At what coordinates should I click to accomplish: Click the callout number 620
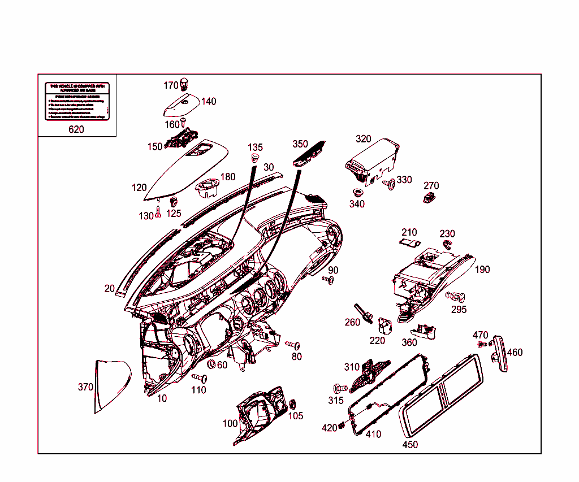pos(76,129)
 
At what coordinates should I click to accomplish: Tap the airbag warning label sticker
pos(76,101)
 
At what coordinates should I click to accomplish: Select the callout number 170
pos(171,85)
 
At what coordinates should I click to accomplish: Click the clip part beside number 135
pos(255,157)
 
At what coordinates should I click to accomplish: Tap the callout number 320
pos(364,139)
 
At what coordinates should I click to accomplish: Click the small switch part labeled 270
pos(430,197)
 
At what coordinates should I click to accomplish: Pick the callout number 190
pos(482,270)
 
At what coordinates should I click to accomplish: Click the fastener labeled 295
pos(455,296)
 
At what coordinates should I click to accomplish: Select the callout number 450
pos(410,445)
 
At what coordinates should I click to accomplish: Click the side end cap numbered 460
pos(500,354)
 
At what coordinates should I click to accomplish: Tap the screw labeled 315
pos(340,389)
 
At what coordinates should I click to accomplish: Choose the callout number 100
pos(230,423)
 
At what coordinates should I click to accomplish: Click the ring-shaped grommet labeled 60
pos(212,363)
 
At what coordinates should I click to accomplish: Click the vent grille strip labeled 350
pos(309,151)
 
